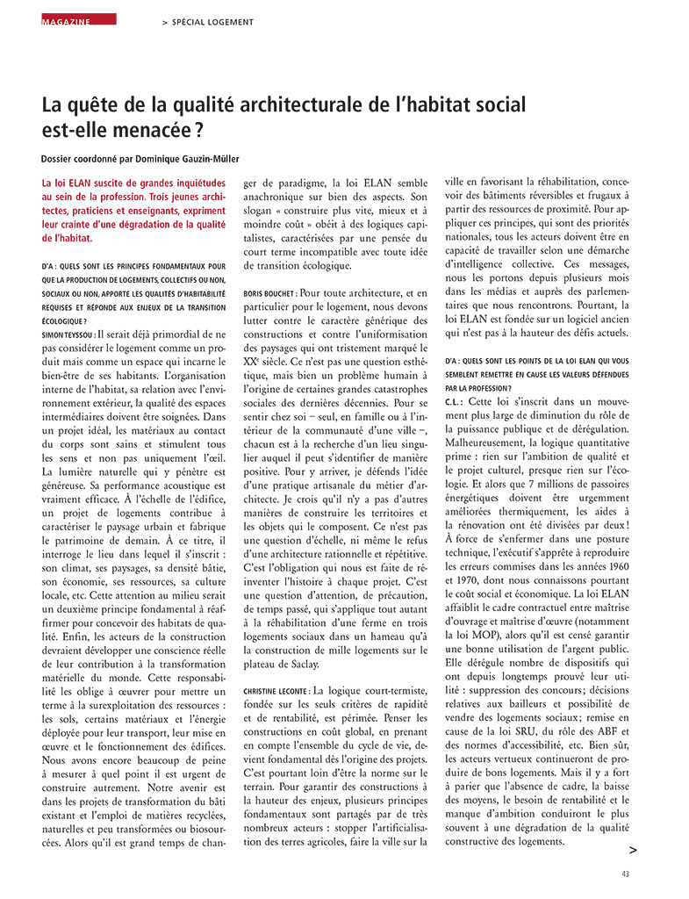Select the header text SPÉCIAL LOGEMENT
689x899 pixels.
(212, 22)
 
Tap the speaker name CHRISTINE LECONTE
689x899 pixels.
(276, 667)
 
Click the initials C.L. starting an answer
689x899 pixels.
(456, 401)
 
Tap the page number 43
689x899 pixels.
(625, 874)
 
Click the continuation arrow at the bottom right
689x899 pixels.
(633, 850)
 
